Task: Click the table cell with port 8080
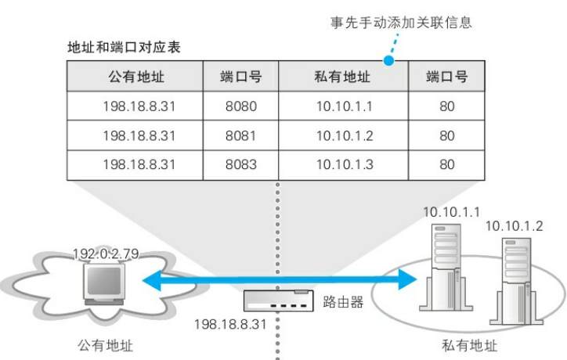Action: click(241, 106)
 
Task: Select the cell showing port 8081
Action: click(241, 135)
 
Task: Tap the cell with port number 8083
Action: click(241, 165)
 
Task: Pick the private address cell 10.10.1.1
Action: click(344, 106)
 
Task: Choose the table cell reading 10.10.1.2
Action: click(344, 135)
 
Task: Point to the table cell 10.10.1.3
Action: click(344, 165)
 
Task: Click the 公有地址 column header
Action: click(135, 76)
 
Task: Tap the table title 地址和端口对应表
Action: click(124, 47)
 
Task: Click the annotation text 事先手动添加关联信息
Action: click(401, 23)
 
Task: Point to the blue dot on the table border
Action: click(388, 61)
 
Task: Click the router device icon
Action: click(278, 301)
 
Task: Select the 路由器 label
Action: click(343, 302)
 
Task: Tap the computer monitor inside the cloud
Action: click(104, 284)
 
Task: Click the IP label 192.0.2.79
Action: click(106, 254)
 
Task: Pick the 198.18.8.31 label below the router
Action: click(230, 324)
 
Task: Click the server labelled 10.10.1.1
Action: click(446, 267)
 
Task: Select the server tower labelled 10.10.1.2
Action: click(516, 281)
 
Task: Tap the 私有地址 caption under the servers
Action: click(469, 346)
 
